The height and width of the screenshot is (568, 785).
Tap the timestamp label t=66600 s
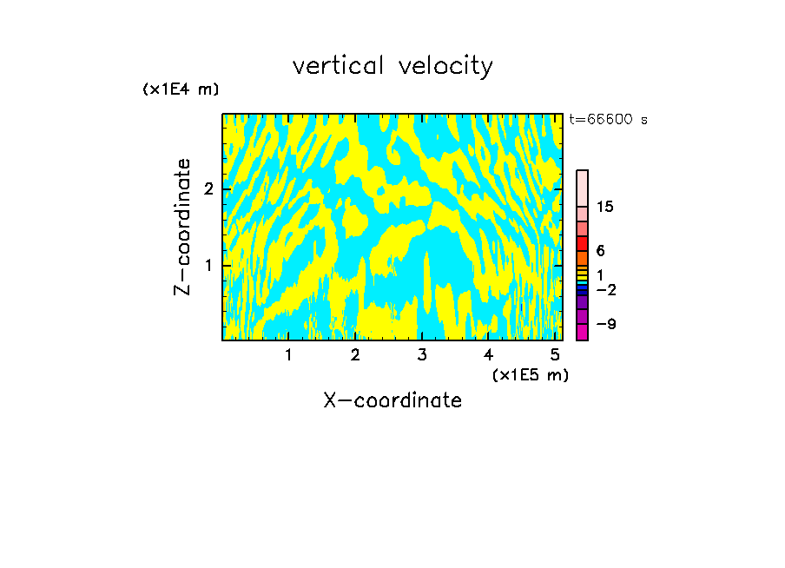609,120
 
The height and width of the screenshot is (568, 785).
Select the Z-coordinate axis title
182,227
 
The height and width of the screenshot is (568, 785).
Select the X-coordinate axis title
392,400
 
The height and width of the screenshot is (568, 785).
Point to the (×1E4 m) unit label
181,89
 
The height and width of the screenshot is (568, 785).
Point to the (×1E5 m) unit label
530,374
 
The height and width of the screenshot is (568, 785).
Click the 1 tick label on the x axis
289,355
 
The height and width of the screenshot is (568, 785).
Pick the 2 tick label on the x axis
355,355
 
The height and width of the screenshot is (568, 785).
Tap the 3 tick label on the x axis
422,355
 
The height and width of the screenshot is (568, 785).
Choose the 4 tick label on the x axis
489,355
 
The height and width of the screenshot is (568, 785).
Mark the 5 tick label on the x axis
555,355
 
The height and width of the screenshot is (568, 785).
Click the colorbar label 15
605,207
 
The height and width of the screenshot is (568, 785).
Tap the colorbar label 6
600,250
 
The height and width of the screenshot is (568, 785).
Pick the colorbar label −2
605,289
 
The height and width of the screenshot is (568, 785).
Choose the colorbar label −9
605,324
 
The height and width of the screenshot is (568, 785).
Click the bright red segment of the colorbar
582,243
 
